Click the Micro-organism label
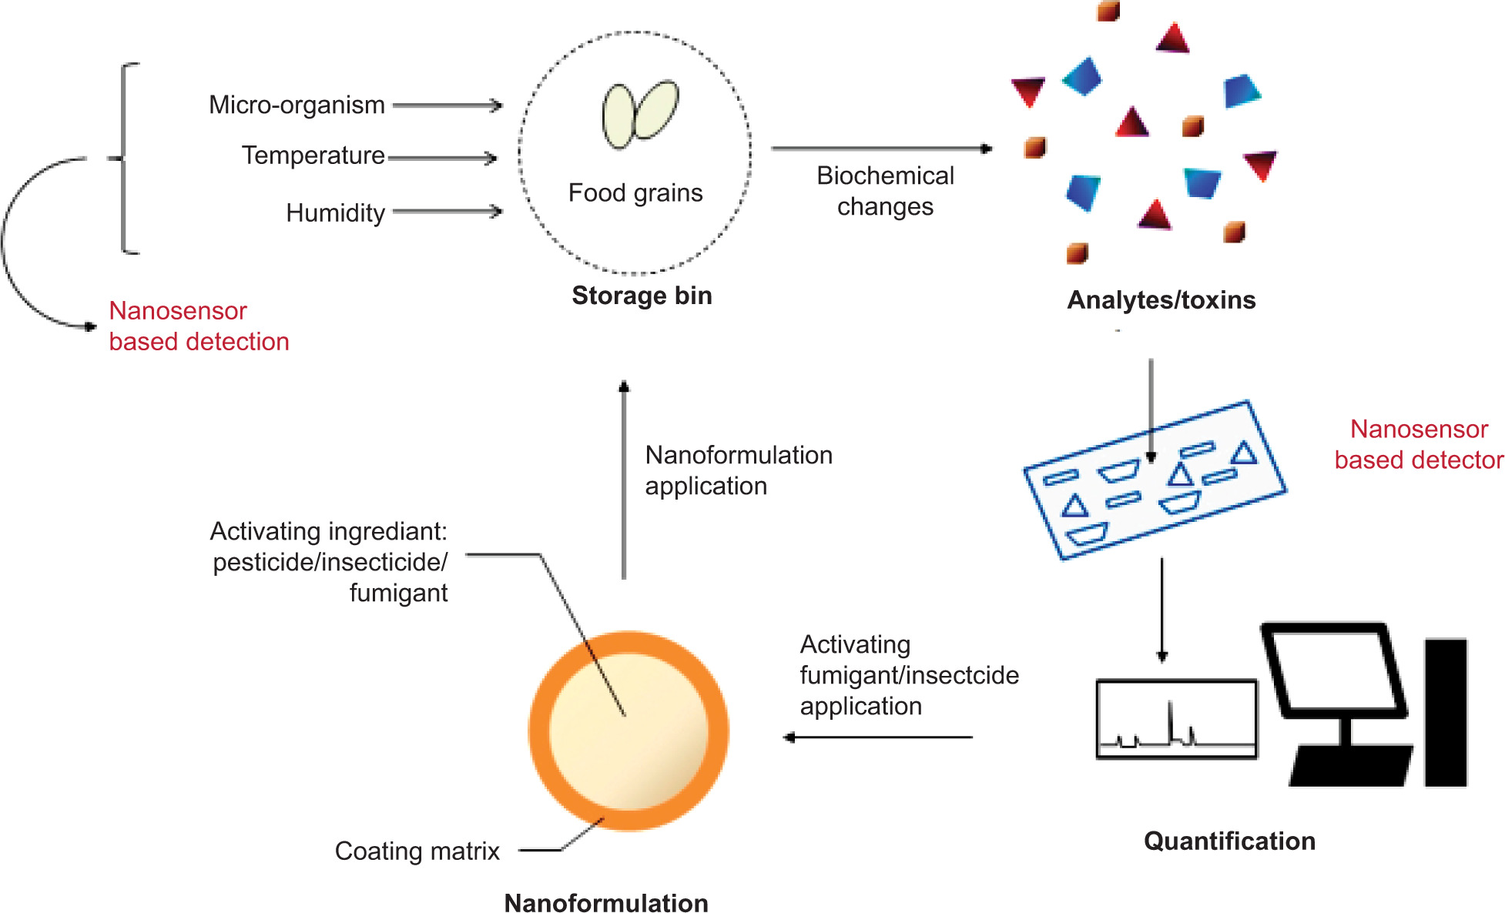pos(297,105)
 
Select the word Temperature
pos(313,156)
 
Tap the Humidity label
pos(335,212)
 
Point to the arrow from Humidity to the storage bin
pos(447,211)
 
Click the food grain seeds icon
pos(639,114)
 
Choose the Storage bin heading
pos(642,296)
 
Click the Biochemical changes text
pos(885,191)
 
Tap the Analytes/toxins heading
pos(1161,299)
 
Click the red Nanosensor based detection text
pos(199,326)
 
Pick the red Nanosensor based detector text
pos(1418,444)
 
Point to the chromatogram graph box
pos(1176,719)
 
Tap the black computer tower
pos(1445,712)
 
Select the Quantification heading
pos(1229,841)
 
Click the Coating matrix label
pos(417,851)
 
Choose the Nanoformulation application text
pos(738,470)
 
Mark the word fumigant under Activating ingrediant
pos(398,593)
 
